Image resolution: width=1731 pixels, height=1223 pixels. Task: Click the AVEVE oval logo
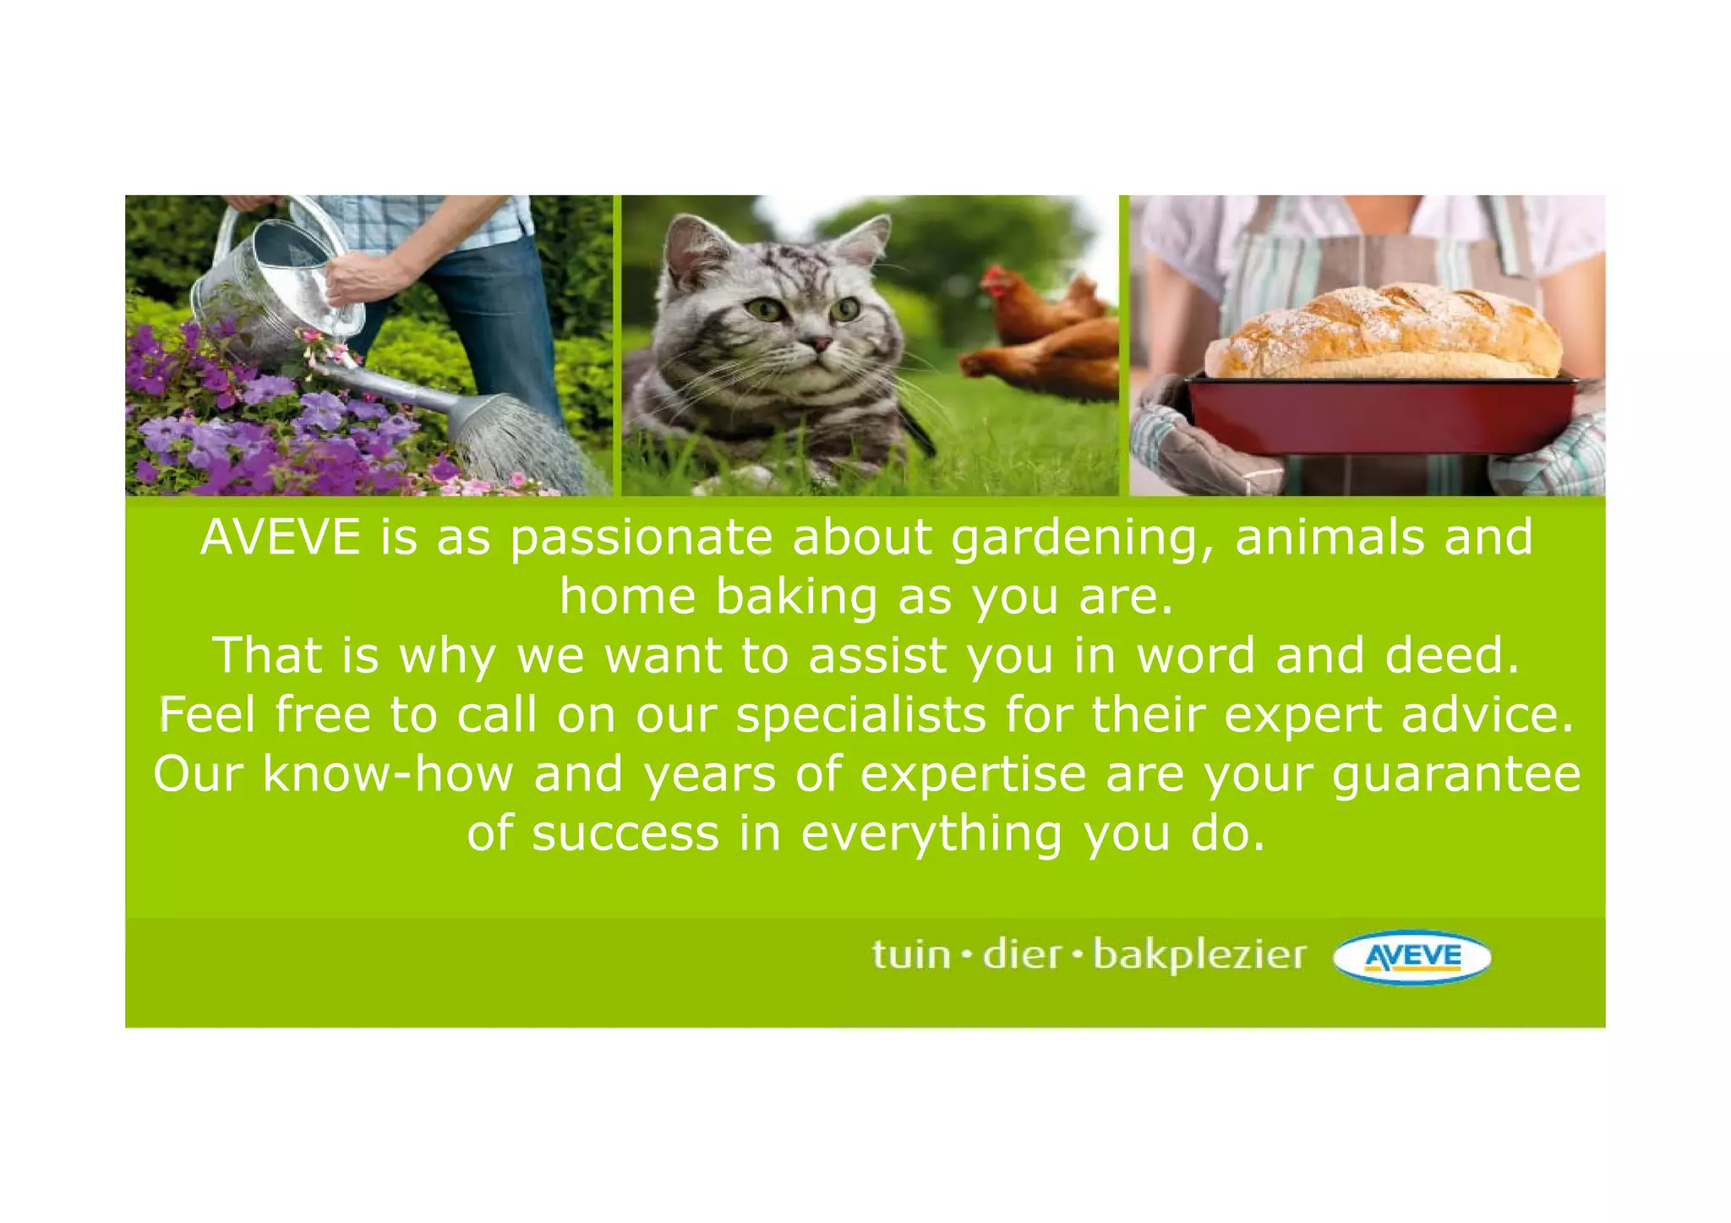pos(1412,957)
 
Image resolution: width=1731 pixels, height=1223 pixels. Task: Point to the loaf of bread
pos(1382,332)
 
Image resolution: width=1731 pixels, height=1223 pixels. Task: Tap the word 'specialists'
pos(860,715)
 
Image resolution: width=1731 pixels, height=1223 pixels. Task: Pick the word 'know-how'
pos(388,774)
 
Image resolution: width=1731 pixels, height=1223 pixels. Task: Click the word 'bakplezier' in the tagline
pos(1199,955)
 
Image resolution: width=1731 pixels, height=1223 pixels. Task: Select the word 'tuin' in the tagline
pos(911,955)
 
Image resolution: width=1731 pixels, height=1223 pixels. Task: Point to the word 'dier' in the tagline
pos(1022,955)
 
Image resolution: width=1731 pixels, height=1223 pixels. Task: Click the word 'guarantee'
pos(1456,774)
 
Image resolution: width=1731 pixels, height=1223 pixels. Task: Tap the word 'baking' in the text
pos(797,597)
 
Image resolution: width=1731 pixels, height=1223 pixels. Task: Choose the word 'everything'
pos(931,833)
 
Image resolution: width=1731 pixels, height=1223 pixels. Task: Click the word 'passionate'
pos(642,538)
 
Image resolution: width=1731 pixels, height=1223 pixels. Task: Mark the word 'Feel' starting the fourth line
pos(207,715)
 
